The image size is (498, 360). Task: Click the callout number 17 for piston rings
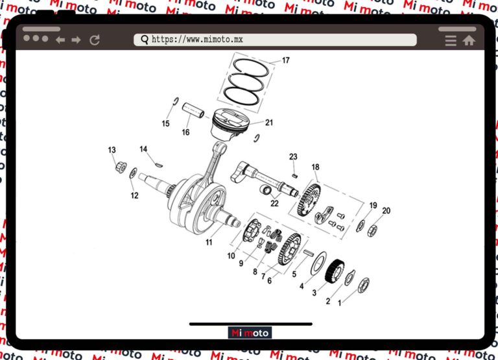(285, 61)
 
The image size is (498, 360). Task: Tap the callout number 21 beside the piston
(268, 123)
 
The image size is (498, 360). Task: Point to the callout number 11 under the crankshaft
(209, 243)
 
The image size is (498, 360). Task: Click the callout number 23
(293, 157)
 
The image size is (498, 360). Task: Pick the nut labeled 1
(364, 284)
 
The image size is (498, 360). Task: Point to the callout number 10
(231, 256)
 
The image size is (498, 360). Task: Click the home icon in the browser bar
(469, 40)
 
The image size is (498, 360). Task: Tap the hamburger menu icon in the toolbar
(451, 40)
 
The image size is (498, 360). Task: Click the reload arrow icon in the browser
(95, 40)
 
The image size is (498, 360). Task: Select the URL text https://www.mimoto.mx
(197, 40)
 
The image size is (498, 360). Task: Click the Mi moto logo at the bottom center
(250, 333)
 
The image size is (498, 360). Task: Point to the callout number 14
(143, 149)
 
